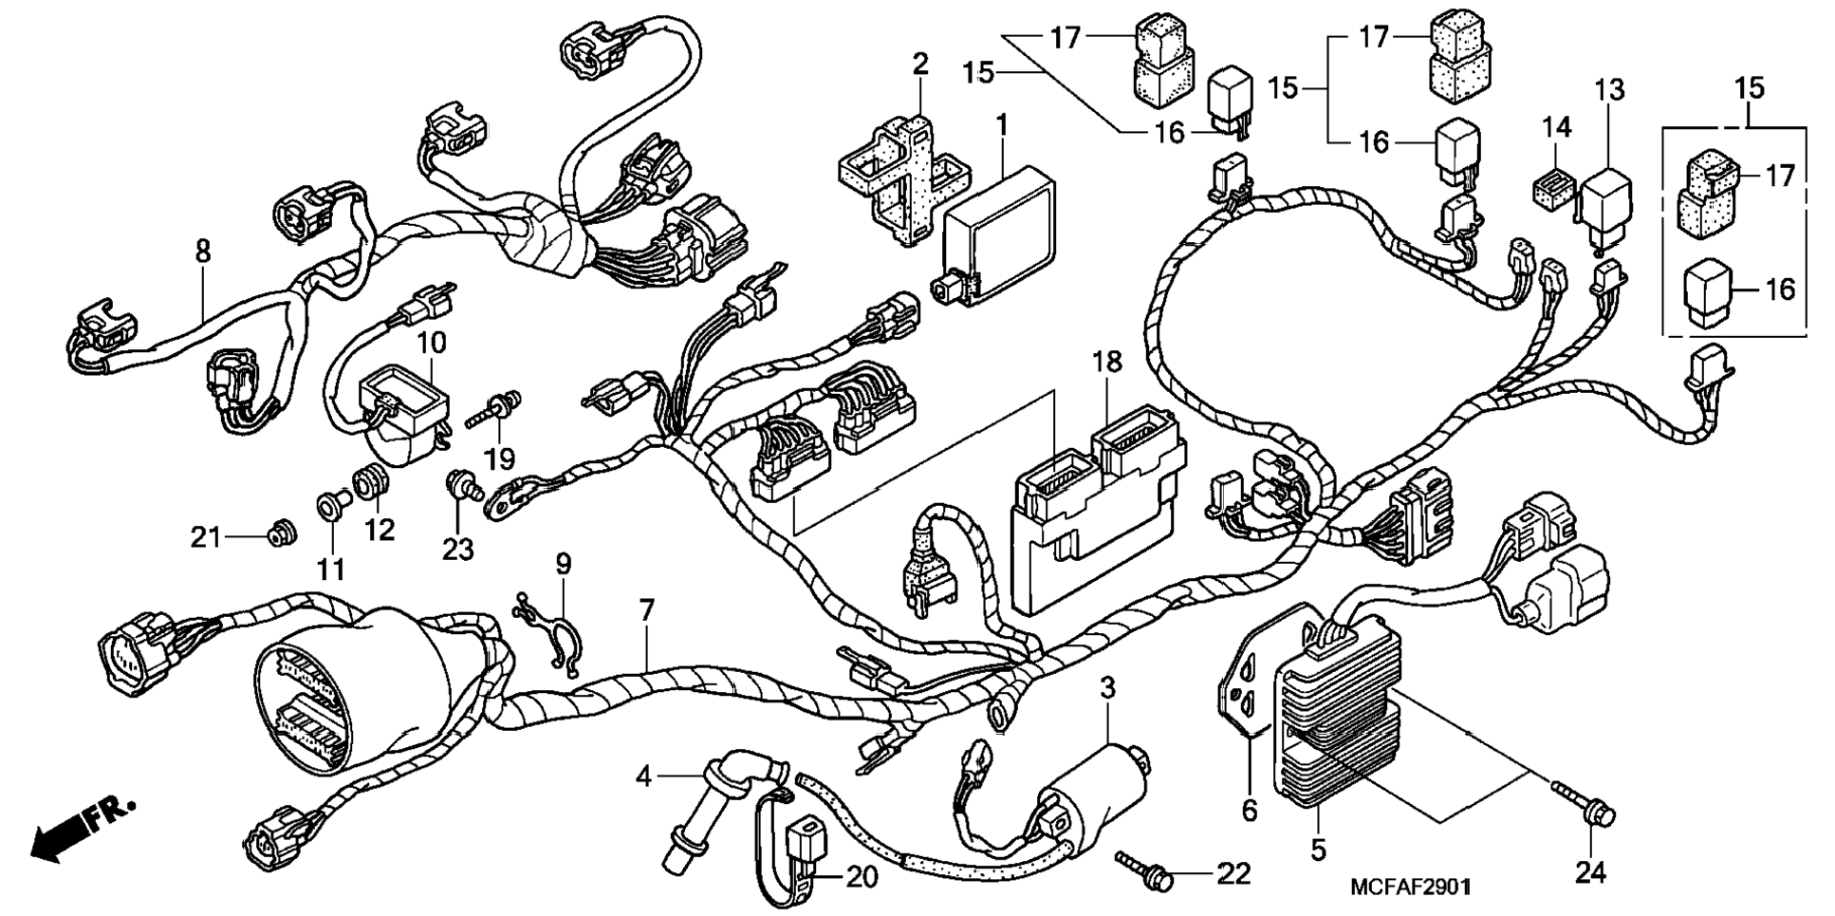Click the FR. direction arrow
click(x=83, y=829)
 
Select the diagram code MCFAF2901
click(x=1411, y=887)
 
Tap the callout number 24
click(x=1590, y=872)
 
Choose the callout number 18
click(x=1107, y=362)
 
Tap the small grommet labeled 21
click(x=279, y=534)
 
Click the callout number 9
click(x=564, y=565)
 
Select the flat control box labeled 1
click(x=996, y=235)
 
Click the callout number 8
click(x=202, y=252)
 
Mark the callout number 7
click(x=647, y=610)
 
